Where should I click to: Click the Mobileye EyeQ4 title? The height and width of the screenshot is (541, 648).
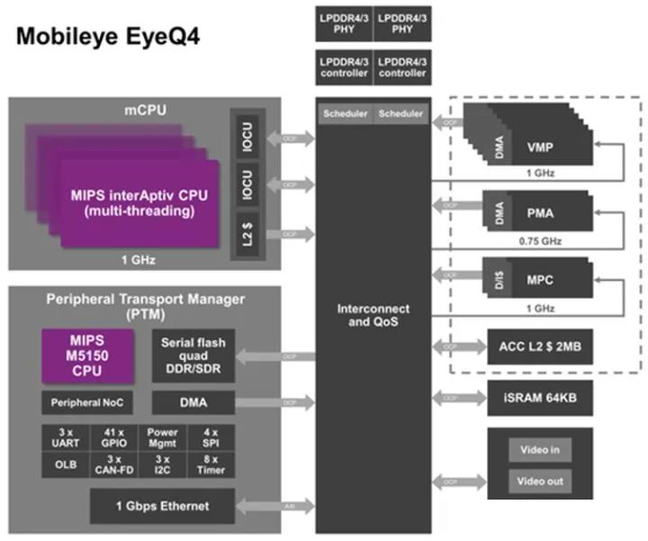106,37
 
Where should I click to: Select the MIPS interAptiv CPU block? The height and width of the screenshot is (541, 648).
140,203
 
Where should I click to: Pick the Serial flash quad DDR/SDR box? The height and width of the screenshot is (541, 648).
193,356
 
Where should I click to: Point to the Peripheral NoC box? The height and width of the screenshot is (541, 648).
86,401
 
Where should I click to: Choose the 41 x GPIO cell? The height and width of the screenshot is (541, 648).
113,437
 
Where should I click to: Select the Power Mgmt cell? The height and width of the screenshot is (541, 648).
162,437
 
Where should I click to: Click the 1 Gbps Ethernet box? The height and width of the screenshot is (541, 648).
162,506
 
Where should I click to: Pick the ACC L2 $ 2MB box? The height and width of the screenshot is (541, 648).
539,346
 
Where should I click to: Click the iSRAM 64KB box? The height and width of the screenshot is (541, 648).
539,397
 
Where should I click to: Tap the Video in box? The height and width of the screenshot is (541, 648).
540,449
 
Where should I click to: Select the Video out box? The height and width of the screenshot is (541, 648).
540,481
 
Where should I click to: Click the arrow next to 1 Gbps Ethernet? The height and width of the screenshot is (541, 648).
274,507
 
